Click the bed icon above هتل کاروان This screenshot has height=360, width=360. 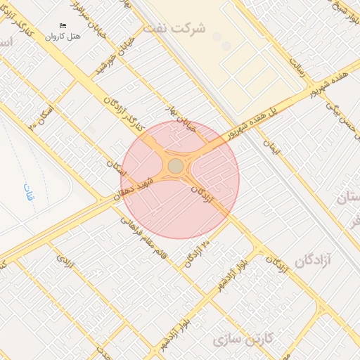click(63, 25)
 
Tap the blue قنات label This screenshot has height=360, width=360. click(28, 192)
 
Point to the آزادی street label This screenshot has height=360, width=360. click(65, 262)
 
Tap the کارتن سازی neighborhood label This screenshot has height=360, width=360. click(242, 341)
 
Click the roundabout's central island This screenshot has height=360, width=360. click(175, 166)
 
